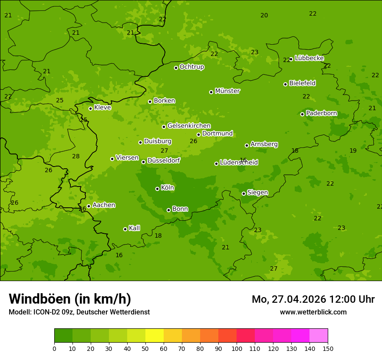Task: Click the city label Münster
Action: pos(227,91)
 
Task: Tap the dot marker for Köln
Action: pos(157,189)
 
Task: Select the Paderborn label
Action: pos(321,113)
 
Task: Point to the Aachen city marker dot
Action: pos(89,206)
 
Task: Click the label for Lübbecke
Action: pos(309,58)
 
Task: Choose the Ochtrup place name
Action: pos(191,67)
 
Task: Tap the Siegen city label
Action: pos(257,193)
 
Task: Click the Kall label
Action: pos(134,228)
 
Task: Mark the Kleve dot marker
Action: pos(90,108)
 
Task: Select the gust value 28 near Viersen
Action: pos(76,157)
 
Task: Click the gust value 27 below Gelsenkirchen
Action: pos(164,151)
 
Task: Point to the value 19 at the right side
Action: pos(353,151)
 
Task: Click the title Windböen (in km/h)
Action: pos(69,299)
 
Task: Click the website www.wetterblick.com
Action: pos(313,312)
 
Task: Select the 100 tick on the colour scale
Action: pos(237,348)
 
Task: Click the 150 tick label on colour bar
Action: pos(327,348)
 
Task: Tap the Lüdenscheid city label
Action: pos(239,163)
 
